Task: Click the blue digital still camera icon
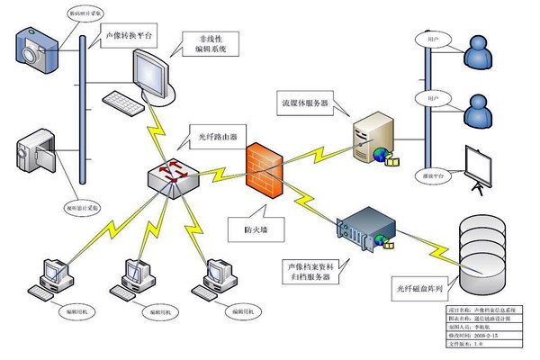tap(36, 44)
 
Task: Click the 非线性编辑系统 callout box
tap(209, 45)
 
